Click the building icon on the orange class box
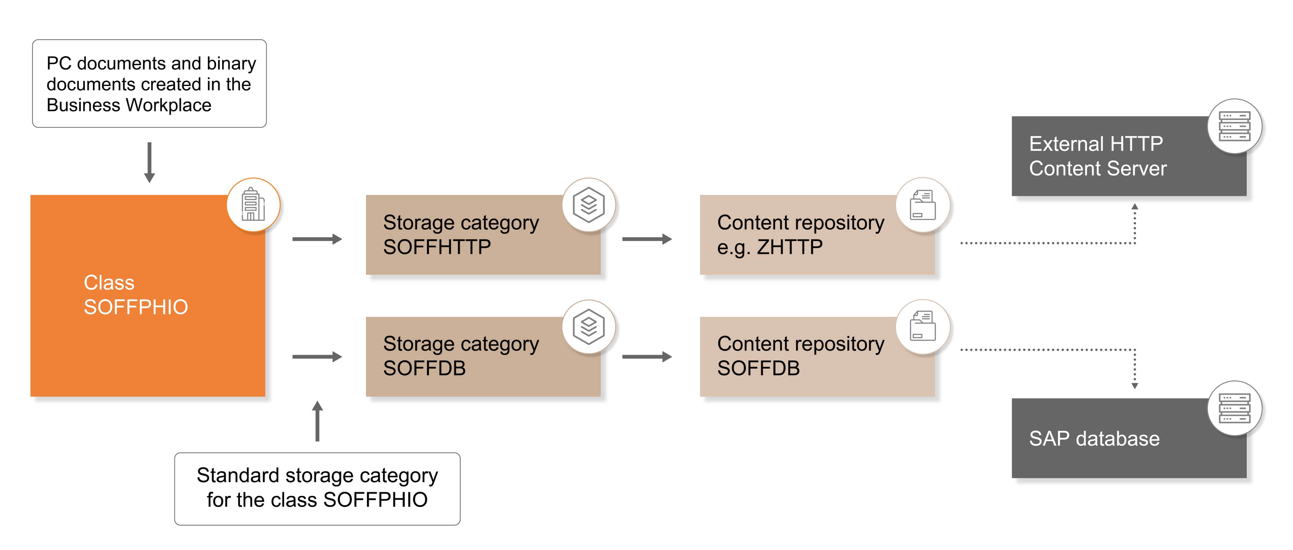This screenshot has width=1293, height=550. coord(253,205)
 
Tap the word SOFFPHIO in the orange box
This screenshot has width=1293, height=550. coord(136,307)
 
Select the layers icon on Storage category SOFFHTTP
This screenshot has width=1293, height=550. coord(588,205)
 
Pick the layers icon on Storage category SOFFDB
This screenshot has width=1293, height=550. coord(588,326)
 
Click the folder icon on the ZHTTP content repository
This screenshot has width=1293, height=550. coord(922,205)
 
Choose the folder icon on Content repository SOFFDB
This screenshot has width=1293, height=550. coord(922,326)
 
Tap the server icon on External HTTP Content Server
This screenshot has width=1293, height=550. coord(1234,126)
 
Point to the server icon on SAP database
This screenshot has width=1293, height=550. coord(1234,408)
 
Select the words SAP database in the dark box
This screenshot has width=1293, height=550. coord(1094,439)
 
